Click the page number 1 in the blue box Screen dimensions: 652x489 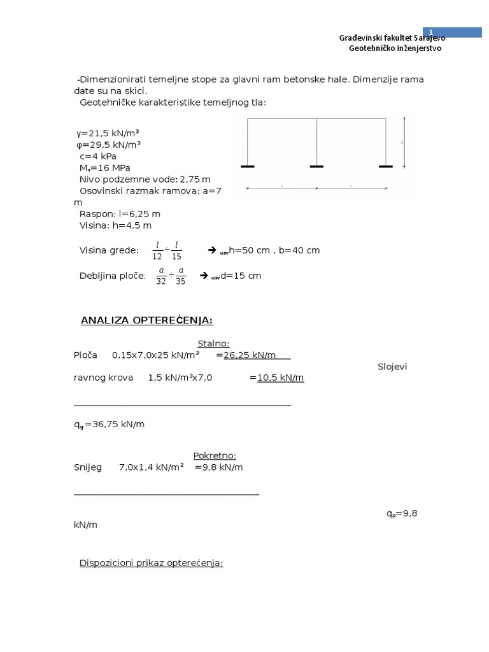(430, 32)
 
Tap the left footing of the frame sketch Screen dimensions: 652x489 (248, 167)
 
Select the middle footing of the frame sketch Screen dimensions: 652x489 (317, 167)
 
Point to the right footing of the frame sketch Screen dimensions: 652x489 (386, 167)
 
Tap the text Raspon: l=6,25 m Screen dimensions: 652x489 (120, 214)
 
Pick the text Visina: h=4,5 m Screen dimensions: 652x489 (115, 225)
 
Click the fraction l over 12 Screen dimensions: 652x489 (157, 251)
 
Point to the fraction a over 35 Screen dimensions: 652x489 (180, 276)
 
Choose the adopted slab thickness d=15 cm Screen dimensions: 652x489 (236, 276)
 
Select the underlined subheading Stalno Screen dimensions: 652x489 (213, 344)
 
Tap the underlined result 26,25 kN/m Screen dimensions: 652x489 (253, 355)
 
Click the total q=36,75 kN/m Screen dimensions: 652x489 (109, 424)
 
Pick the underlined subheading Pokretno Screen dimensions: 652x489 (215, 455)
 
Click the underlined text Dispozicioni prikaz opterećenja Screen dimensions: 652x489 (151, 563)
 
